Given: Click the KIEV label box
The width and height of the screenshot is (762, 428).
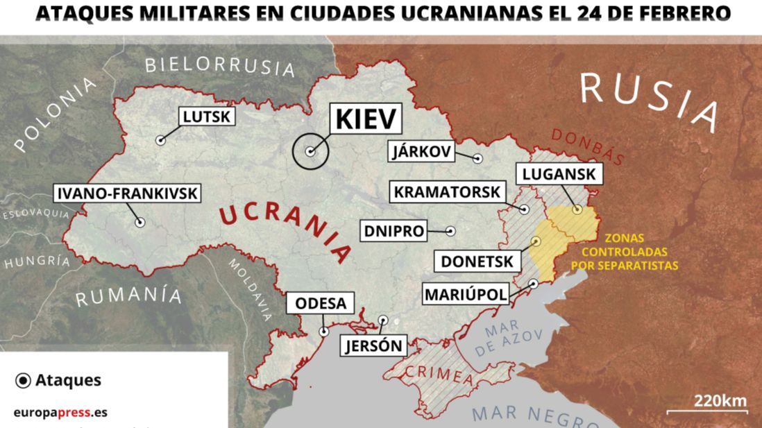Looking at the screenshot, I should [367, 119].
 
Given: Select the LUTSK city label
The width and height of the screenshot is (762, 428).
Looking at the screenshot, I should [206, 117].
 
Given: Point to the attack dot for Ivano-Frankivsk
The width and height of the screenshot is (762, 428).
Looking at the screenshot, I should [140, 223].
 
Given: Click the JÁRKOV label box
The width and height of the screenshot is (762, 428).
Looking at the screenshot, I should [422, 152].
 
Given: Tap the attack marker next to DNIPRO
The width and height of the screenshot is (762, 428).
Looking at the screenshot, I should [451, 231].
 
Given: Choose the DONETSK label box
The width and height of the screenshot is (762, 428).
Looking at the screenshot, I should [478, 262].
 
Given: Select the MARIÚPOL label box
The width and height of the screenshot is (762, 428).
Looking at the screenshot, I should [466, 294].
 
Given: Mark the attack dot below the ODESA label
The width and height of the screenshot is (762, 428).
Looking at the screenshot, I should [323, 332].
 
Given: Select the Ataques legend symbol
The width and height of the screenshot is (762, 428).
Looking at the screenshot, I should [23, 380].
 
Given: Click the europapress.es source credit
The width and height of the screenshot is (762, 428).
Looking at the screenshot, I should [60, 412].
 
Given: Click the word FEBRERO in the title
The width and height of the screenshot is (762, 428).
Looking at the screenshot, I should [676, 13].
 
